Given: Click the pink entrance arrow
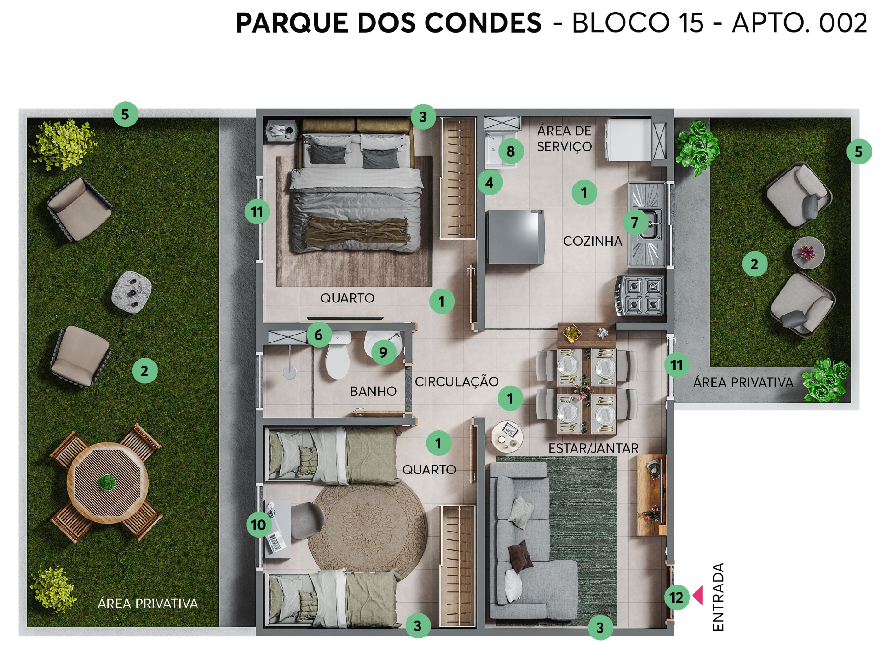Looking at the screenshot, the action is point(698,596).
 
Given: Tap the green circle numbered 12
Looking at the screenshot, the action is point(676,598).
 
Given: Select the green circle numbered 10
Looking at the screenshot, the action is point(259,525).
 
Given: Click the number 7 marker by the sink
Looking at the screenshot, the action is point(635,223).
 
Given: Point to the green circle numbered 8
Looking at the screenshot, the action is point(511,151).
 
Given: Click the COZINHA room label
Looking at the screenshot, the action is point(592,241).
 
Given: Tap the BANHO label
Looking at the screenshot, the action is point(373,391).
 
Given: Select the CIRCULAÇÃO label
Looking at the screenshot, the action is point(457,381).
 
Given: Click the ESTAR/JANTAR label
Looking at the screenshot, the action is point(593,448).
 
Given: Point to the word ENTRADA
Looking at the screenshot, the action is point(718,597).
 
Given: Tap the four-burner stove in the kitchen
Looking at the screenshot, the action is point(640,296).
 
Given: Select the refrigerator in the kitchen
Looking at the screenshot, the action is point(515,237).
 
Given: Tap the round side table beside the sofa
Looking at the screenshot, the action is point(507,436).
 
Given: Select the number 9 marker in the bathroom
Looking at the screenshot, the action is point(383,352).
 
